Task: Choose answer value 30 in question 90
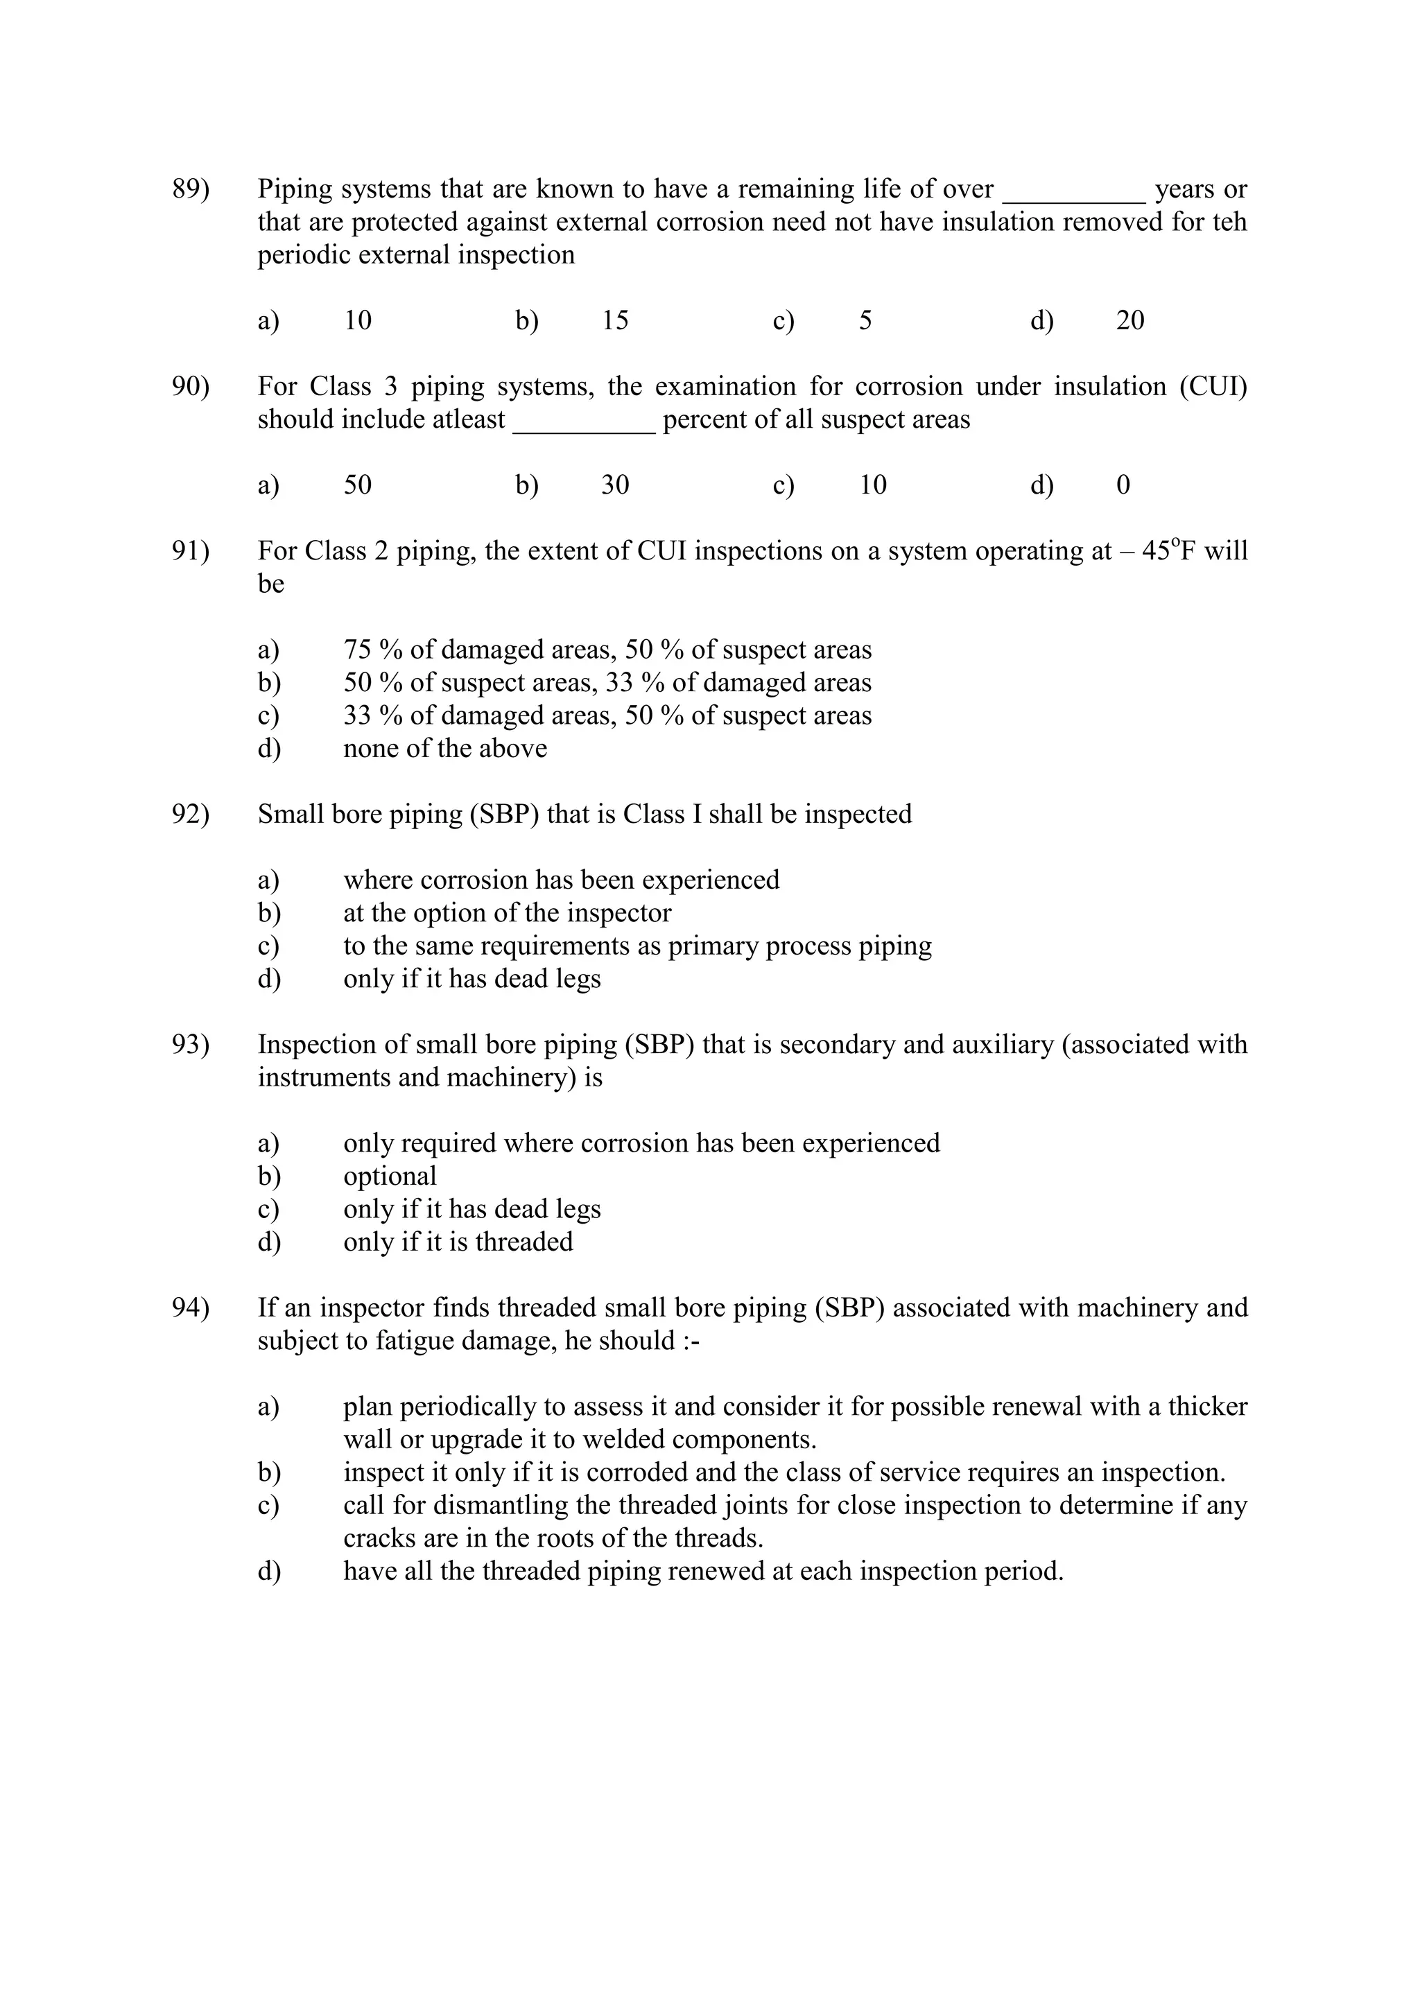[615, 485]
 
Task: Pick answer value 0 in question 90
[1123, 485]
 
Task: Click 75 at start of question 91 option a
[358, 650]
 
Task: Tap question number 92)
[191, 814]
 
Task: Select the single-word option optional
[389, 1176]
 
